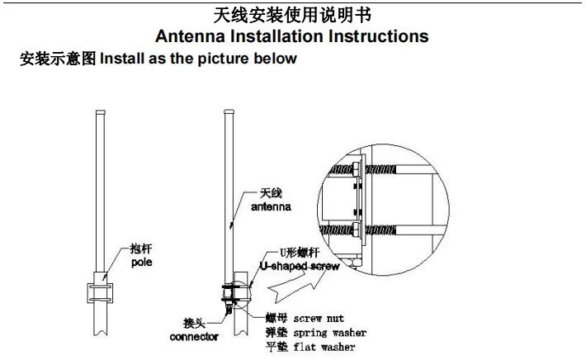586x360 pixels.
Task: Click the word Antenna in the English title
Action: pos(196,36)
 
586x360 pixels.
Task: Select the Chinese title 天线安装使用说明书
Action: pos(293,15)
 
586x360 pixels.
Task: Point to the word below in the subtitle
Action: pos(276,59)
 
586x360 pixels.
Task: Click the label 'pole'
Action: pos(142,262)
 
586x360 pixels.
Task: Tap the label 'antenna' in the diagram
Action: pos(271,208)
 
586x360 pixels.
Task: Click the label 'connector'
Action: pos(194,337)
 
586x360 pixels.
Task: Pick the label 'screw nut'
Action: pos(318,318)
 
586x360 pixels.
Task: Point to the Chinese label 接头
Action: pos(195,323)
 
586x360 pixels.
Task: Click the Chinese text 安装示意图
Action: pos(58,59)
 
